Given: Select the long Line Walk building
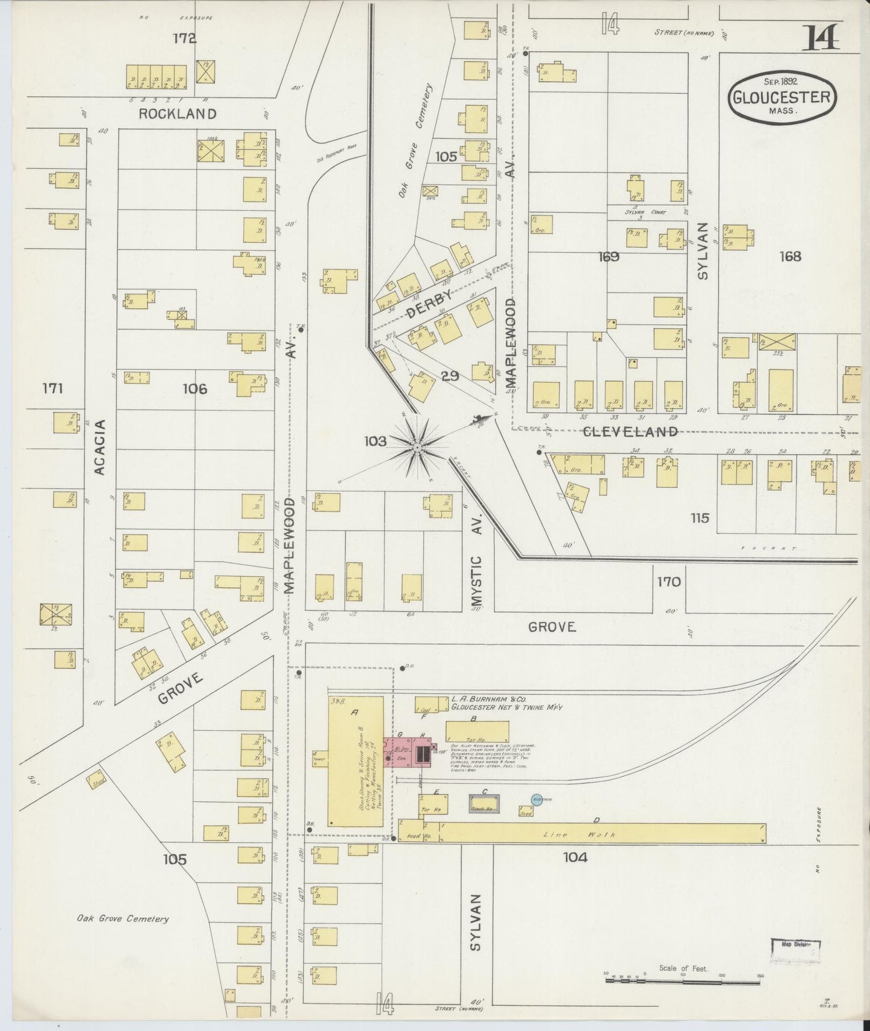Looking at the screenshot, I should tap(602, 833).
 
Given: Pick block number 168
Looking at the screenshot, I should tap(790, 257).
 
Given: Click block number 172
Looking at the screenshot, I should tap(184, 38).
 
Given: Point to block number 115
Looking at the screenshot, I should tap(700, 517).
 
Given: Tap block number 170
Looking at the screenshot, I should tap(668, 582).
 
